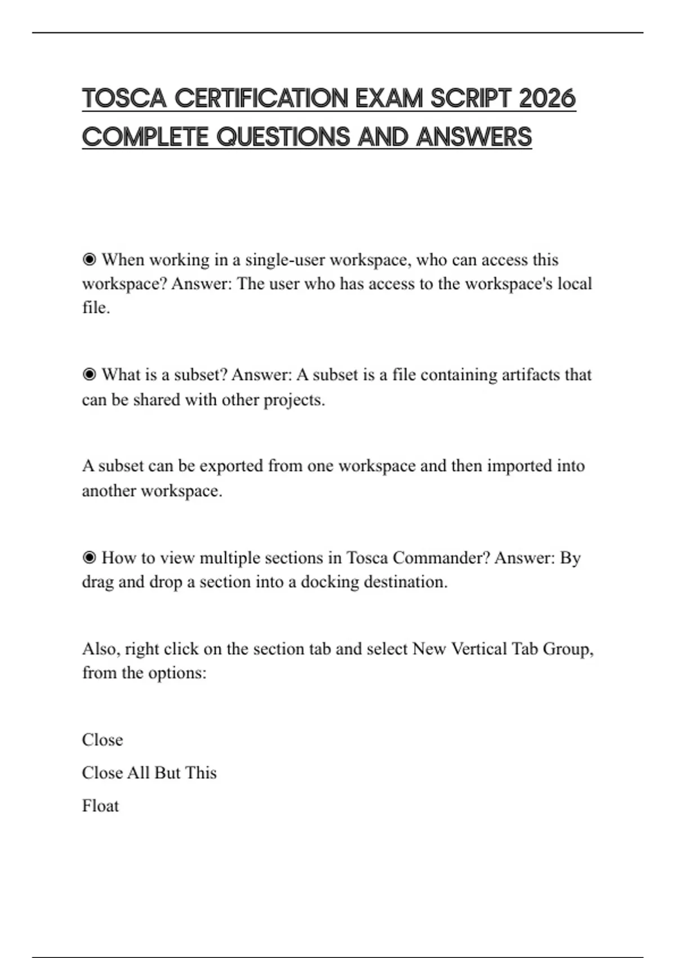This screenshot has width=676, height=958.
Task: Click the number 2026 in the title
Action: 547,99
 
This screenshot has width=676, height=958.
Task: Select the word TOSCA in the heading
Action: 124,99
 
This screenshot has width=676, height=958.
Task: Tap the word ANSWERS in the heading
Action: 474,137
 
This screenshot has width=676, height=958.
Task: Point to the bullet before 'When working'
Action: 89,260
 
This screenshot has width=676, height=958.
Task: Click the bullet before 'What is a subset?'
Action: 89,375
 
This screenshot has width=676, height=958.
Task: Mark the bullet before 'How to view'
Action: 89,558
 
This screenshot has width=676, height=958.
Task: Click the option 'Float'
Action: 100,806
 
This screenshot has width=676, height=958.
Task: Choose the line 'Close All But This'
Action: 149,773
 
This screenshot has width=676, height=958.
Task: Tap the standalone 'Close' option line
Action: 102,740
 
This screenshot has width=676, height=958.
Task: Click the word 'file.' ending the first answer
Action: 96,308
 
